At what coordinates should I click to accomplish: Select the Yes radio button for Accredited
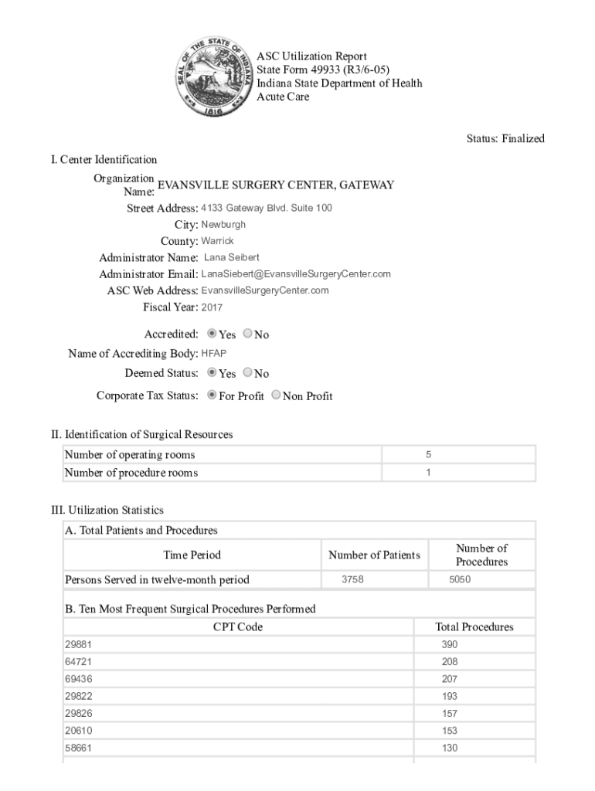[212, 334]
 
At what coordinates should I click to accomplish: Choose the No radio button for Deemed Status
[247, 372]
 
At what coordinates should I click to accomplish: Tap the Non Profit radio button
[277, 395]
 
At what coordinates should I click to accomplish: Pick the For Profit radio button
[212, 395]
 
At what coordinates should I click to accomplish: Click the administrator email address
[296, 274]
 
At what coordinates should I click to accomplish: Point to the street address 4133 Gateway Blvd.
[267, 209]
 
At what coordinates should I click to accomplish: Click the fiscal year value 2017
[212, 307]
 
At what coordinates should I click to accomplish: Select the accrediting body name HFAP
[214, 354]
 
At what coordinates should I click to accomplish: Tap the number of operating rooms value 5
[428, 455]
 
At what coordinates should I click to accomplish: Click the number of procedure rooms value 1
[428, 472]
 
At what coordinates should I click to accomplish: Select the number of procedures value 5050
[461, 579]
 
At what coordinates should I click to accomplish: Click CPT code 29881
[78, 644]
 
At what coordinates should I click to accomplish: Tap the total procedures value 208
[449, 662]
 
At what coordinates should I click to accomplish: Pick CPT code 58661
[78, 748]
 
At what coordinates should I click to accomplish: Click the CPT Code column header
[237, 627]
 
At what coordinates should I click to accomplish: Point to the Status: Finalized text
[505, 139]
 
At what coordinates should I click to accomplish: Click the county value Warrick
[217, 241]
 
